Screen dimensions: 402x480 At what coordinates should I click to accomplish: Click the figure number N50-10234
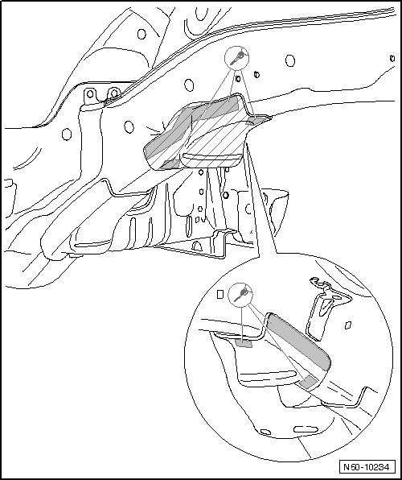pos(367,467)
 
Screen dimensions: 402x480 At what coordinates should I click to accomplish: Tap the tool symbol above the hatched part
pos(236,59)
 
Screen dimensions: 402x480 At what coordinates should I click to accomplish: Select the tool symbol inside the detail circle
pos(240,295)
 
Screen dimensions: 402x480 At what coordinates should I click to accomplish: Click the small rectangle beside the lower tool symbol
pos(220,294)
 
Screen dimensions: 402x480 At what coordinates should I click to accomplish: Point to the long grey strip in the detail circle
pos(298,341)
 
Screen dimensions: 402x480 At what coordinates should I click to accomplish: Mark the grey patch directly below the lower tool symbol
pos(244,343)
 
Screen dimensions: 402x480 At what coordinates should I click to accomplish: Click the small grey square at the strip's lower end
pos(308,383)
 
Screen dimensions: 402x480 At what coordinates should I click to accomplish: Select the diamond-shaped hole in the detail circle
pos(348,325)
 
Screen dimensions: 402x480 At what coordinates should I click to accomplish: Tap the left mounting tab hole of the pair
pos(90,93)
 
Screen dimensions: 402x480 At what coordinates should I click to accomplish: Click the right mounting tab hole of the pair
pos(114,93)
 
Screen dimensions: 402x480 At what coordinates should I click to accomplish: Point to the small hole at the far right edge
pos(392,58)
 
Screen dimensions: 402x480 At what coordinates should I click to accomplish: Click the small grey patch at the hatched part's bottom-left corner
pos(170,164)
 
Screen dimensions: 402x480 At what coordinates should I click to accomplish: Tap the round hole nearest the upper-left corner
pos(142,34)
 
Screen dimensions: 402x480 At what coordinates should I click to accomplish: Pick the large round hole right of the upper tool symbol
pos(290,60)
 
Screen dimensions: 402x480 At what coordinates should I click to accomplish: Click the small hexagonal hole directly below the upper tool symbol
pos(238,79)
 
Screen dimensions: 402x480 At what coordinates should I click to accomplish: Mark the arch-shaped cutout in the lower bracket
pos(197,246)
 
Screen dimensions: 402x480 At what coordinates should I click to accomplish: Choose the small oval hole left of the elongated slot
pos(265,432)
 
